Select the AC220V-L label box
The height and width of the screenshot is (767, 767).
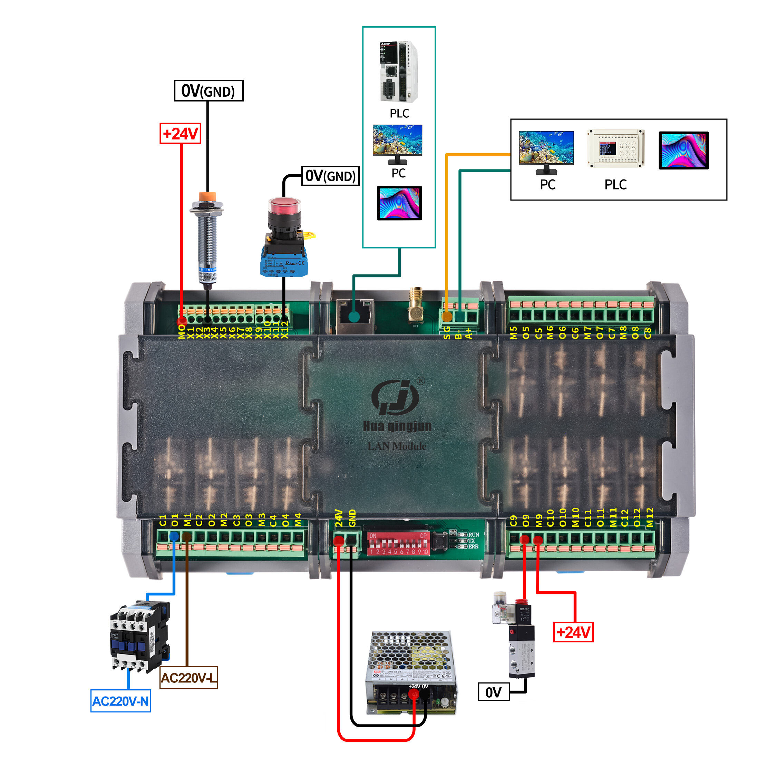(x=188, y=677)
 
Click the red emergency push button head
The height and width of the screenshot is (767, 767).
(x=284, y=206)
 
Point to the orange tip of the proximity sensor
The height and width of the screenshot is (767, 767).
(x=207, y=196)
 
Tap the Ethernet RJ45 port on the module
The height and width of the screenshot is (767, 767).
(x=355, y=314)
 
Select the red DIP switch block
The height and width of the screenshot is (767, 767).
(x=398, y=544)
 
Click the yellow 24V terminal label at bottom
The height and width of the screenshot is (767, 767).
(x=339, y=518)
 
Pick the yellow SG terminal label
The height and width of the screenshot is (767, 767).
(x=447, y=332)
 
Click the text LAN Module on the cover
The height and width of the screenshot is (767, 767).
(x=397, y=446)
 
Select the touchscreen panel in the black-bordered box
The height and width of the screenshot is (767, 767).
(x=683, y=151)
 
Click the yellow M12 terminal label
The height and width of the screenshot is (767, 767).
(x=650, y=517)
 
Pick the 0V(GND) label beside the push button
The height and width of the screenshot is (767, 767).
(x=330, y=176)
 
